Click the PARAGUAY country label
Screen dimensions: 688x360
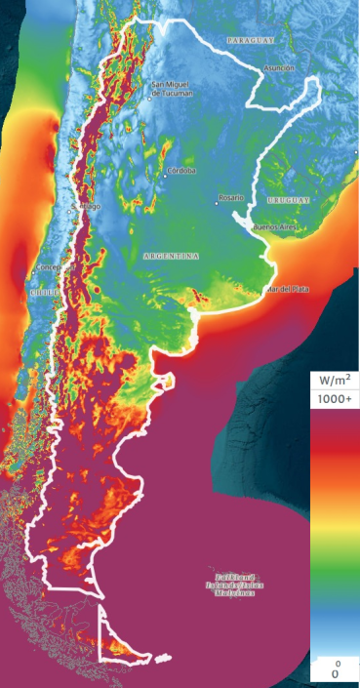250,40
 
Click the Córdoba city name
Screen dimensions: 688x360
181,170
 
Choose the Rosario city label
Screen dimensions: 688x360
230,197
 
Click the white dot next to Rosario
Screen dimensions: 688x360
216,204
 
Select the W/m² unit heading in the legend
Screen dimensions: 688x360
334,380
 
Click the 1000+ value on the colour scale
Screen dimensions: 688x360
334,399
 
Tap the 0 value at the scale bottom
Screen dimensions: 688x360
335,673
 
